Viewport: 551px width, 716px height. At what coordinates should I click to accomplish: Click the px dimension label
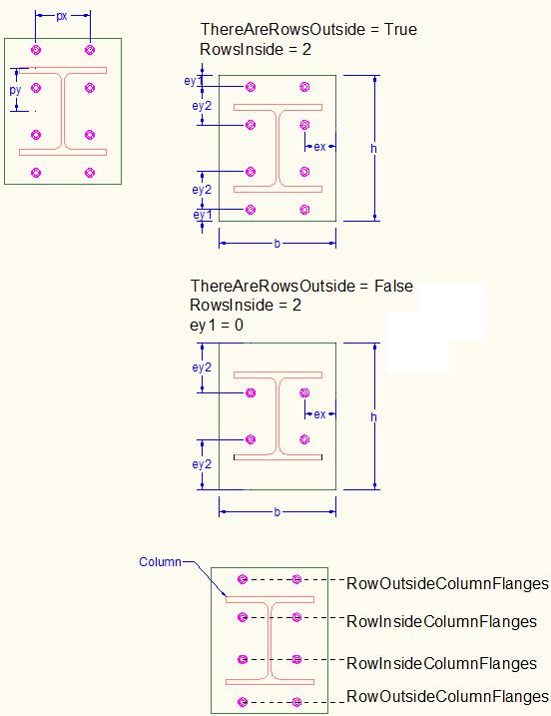point(62,16)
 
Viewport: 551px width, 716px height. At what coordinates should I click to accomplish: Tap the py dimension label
point(16,90)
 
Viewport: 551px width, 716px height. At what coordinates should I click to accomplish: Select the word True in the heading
point(400,29)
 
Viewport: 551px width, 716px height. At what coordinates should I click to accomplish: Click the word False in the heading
point(393,286)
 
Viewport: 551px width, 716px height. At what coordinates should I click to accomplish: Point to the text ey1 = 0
point(217,326)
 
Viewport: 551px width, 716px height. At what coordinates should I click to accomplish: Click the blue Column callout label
point(160,561)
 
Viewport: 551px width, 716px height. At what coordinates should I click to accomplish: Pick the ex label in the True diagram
point(319,147)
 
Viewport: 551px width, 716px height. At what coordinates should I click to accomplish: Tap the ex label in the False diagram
point(319,414)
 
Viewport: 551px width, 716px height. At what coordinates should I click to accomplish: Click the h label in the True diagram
point(374,149)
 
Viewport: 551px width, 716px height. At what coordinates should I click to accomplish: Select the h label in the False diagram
point(374,416)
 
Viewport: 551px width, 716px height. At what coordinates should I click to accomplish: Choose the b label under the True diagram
point(277,244)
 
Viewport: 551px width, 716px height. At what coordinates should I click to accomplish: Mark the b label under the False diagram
point(277,512)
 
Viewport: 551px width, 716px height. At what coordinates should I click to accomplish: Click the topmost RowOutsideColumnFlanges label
point(447,583)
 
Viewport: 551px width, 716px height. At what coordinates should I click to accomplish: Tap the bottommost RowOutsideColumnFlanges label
point(447,696)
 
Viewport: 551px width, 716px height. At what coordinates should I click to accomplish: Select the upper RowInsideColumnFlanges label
point(441,621)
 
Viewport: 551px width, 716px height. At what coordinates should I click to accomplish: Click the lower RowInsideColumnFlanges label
point(441,663)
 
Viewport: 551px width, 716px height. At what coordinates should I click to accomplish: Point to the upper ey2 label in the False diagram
point(202,367)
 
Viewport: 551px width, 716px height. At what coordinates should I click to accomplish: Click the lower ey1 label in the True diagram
point(203,215)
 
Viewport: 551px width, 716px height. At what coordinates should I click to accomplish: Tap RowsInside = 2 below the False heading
point(246,305)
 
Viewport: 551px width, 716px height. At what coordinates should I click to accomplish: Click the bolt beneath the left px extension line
point(36,50)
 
